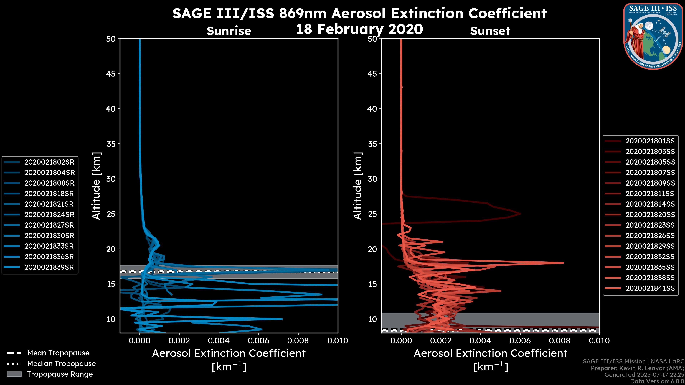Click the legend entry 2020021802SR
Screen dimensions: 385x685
(x=49, y=162)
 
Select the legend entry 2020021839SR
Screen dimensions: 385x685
(x=49, y=267)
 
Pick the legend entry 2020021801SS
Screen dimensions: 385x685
(x=650, y=141)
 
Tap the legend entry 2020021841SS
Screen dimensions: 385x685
(x=650, y=288)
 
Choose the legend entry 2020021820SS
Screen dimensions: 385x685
(x=650, y=215)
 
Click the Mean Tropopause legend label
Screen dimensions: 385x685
(x=58, y=353)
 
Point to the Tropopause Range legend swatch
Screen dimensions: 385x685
(x=14, y=374)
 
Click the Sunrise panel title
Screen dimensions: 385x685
(x=229, y=31)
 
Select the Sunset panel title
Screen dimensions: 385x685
(x=490, y=31)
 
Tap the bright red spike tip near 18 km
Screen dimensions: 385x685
(x=563, y=263)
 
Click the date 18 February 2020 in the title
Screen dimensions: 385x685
(x=359, y=29)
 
